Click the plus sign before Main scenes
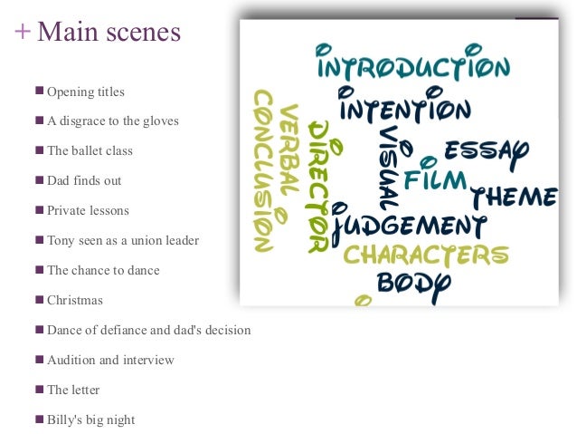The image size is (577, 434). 23,32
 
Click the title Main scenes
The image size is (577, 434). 109,32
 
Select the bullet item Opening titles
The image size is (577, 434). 85,92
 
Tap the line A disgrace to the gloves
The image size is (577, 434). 112,121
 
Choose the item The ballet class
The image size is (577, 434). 90,150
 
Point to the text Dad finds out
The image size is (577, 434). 84,180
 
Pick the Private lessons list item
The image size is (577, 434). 88,210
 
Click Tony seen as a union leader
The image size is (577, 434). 122,240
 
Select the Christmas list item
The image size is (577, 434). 75,300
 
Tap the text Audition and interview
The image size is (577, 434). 110,360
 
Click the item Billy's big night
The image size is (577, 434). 90,420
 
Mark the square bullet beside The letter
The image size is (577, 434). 39,389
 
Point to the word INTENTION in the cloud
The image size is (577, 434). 404,110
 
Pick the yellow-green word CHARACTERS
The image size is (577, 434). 425,255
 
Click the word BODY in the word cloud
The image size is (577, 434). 412,283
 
